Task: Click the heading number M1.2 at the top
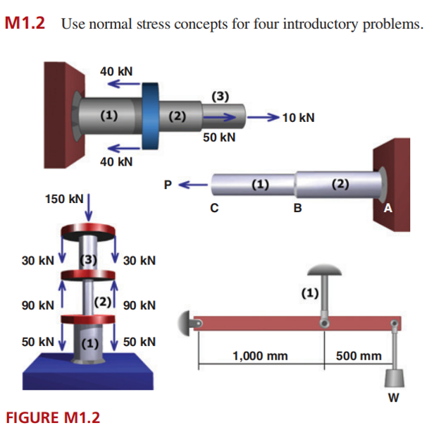[25, 24]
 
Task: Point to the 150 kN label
[63, 199]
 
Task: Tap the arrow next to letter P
[194, 186]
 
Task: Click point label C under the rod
[213, 209]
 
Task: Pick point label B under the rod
[297, 209]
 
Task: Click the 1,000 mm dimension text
[260, 356]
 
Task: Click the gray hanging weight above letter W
[393, 375]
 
